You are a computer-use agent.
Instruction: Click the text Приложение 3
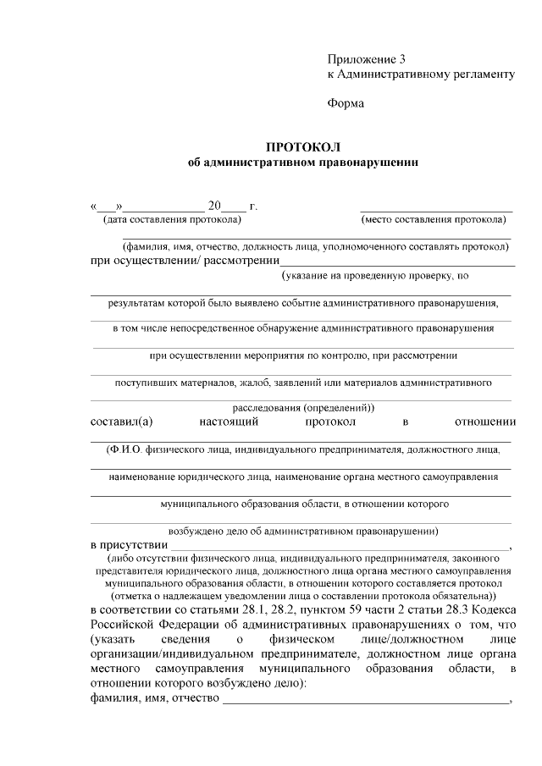click(x=367, y=59)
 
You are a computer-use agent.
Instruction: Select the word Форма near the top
click(x=346, y=104)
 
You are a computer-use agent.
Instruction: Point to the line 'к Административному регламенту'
click(x=421, y=74)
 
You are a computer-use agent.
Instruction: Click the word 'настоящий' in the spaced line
click(x=229, y=421)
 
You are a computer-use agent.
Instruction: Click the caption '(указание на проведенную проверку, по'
click(x=375, y=275)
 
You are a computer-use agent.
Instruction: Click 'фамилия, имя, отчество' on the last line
click(x=153, y=698)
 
